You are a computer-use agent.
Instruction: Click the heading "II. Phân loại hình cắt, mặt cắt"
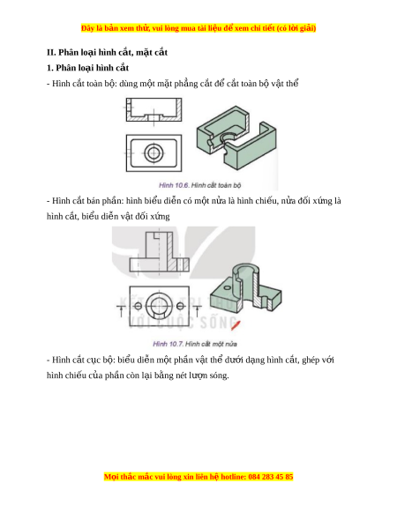(107, 52)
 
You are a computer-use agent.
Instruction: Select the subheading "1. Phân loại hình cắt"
(87, 68)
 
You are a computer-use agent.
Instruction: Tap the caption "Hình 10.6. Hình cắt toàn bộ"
(199, 185)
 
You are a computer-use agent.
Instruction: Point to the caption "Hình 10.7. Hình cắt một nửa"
(195, 344)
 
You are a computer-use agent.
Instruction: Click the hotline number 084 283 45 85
(271, 476)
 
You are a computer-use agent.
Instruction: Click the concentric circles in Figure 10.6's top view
(154, 152)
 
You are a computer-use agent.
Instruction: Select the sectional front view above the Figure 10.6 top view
(154, 110)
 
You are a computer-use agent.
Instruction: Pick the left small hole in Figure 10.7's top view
(139, 306)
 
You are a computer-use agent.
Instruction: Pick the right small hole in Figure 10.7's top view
(180, 306)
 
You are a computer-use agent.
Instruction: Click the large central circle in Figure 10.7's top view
(159, 307)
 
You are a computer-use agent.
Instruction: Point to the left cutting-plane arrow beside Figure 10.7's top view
(121, 309)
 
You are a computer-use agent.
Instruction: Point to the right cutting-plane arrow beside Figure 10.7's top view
(197, 309)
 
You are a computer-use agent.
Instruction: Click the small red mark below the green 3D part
(236, 325)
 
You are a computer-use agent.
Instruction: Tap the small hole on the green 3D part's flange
(227, 288)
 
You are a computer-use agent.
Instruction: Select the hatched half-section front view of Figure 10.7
(160, 251)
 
